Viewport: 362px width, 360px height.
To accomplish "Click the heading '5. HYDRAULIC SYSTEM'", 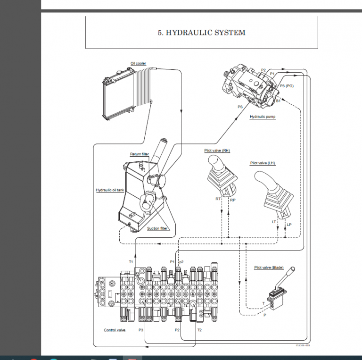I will coord(201,33).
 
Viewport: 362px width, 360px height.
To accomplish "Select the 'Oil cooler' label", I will coord(138,64).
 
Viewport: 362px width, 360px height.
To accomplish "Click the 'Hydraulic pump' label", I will coord(263,116).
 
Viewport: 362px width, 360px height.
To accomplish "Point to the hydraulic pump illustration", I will coord(252,85).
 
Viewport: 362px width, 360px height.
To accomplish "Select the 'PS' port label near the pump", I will coord(240,107).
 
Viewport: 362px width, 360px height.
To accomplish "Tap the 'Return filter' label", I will coord(139,154).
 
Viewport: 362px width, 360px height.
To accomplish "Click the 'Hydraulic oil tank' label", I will coord(110,190).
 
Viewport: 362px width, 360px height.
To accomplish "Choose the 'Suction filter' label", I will coord(157,228).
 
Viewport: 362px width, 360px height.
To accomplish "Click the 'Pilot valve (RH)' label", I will coord(217,151).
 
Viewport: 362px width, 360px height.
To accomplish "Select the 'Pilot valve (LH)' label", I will coord(263,163).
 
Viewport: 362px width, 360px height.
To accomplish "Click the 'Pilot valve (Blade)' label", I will coord(269,268).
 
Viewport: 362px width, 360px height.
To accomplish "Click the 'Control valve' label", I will coord(115,330).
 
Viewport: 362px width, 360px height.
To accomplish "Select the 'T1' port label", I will coord(131,261).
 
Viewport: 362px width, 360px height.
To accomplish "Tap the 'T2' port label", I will coord(199,330).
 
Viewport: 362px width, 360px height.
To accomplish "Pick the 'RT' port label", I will coord(218,199).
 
